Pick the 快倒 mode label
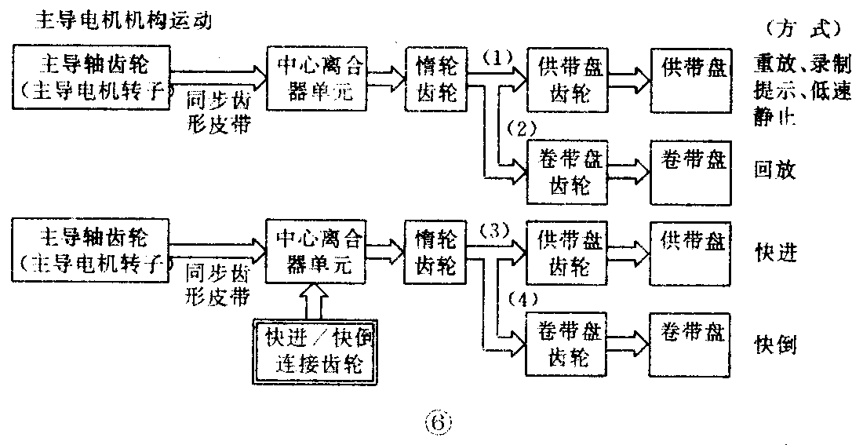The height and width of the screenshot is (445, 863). coord(775,343)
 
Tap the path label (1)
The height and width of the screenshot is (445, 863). coord(497,57)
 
